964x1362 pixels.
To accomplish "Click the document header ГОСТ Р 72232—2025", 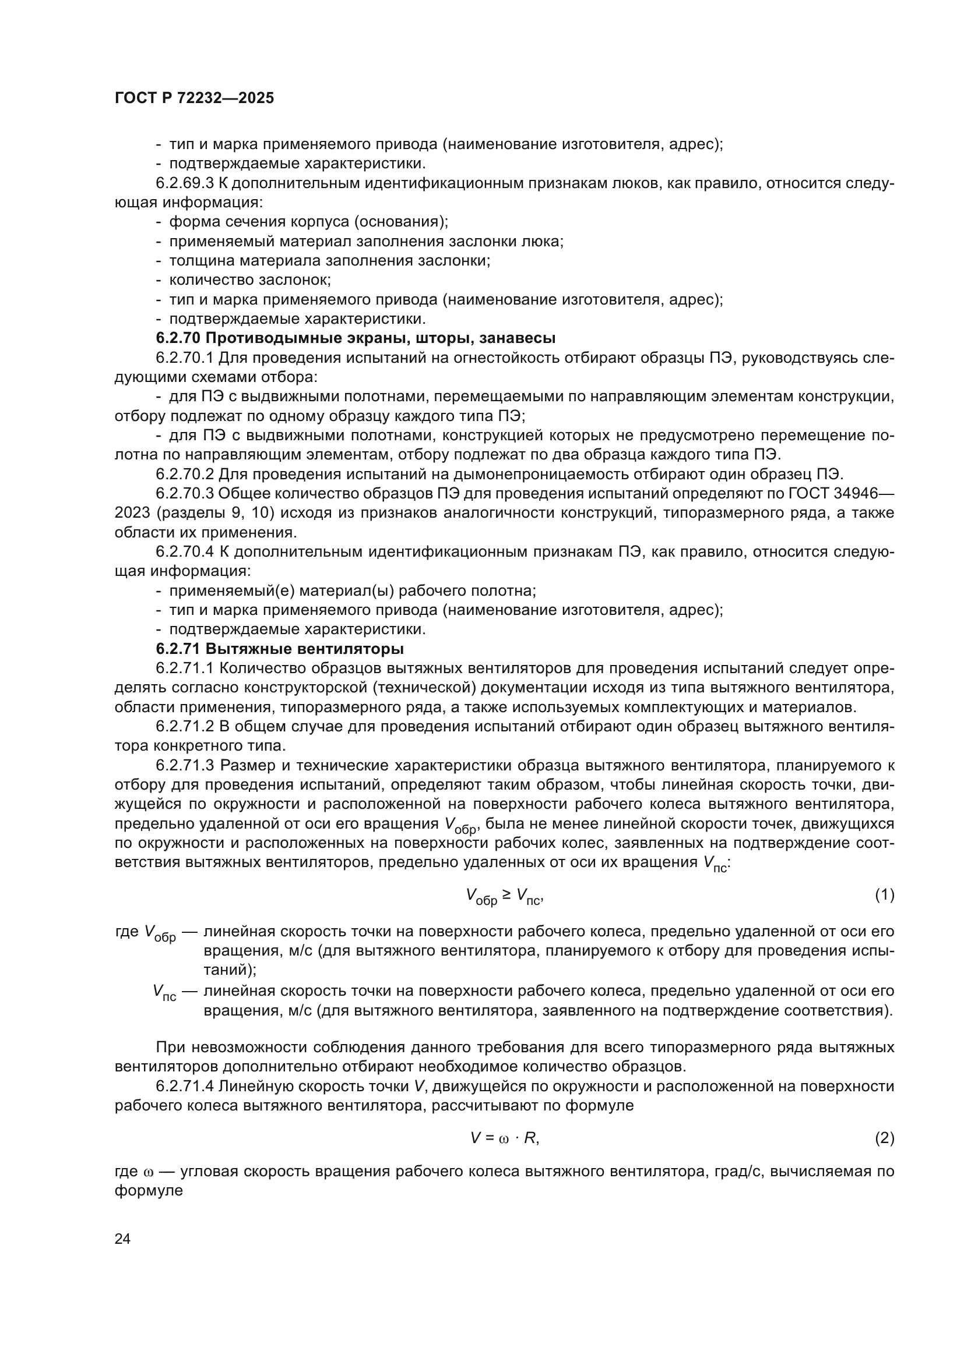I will point(194,98).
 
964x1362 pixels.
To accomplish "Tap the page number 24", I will point(122,1239).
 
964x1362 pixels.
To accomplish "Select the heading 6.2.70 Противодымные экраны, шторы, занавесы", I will point(356,338).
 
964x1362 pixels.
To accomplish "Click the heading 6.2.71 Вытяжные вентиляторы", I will point(280,648).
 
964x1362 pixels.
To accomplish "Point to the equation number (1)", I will point(885,894).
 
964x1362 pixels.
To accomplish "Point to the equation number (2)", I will point(885,1138).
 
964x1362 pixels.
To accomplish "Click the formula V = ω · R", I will point(505,1138).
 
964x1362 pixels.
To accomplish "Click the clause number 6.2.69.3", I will point(185,183).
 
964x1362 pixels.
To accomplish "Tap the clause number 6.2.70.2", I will point(185,474).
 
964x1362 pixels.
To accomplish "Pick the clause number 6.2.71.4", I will point(185,1086).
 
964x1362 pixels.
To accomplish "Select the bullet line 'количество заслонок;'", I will point(250,280).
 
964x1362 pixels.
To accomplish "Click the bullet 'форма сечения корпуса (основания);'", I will point(309,222).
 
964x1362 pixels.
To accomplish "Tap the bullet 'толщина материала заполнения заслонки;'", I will point(329,260).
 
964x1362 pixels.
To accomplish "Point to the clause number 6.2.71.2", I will point(185,727).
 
